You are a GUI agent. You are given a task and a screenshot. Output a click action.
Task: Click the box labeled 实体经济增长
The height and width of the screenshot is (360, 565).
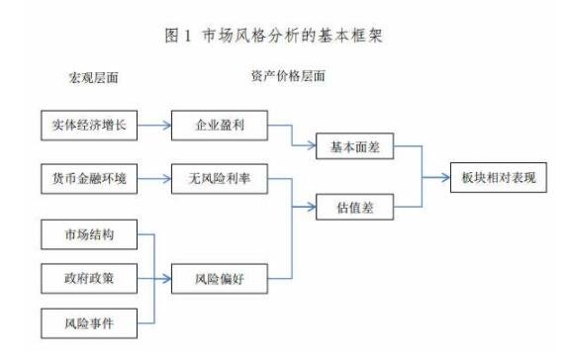click(90, 127)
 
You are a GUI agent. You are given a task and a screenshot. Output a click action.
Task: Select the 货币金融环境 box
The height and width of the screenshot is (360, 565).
click(90, 178)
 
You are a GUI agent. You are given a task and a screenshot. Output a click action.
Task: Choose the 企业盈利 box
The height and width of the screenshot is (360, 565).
click(218, 127)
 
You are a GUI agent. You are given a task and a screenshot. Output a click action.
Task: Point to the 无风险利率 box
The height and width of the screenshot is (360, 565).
click(218, 178)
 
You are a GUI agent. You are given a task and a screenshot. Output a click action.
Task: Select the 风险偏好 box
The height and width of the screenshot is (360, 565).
click(218, 278)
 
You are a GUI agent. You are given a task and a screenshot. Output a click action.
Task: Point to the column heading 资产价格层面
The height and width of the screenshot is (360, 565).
click(287, 76)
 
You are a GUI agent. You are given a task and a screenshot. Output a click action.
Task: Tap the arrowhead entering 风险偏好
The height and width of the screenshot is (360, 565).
click(167, 278)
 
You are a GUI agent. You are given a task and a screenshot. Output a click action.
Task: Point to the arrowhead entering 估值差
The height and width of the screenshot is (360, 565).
click(314, 209)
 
